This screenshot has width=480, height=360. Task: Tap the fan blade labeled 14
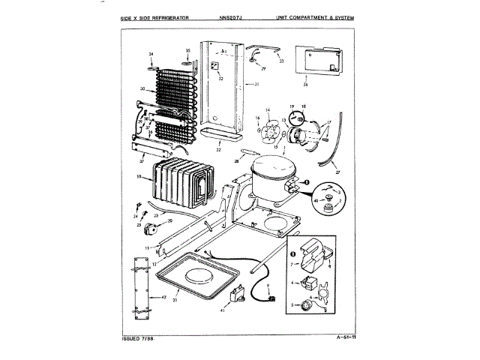pos(267,129)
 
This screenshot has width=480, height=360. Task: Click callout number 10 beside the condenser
pos(139,178)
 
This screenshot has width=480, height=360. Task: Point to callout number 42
pos(164,297)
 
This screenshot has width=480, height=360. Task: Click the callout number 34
pos(150,55)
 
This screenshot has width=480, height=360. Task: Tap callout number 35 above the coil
pos(188,51)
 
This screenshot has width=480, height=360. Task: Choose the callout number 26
pos(306,84)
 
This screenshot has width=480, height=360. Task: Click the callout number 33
pos(281,61)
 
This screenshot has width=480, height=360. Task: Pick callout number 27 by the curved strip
pos(337,172)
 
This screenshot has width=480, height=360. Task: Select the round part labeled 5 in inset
pos(305,305)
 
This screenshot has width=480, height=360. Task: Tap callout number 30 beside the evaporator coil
pos(142,89)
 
